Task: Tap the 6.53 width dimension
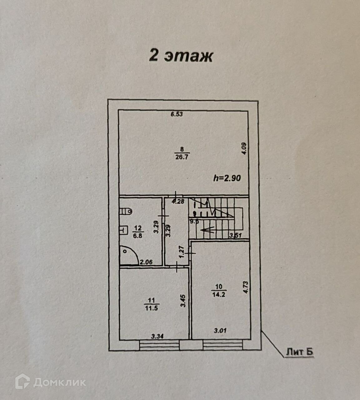coord(176,114)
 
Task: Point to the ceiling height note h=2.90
coord(227,178)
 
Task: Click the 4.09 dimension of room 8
coord(244,149)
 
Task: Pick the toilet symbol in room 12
coord(126,211)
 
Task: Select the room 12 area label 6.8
coord(137,236)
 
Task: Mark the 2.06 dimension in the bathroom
coord(146,262)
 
